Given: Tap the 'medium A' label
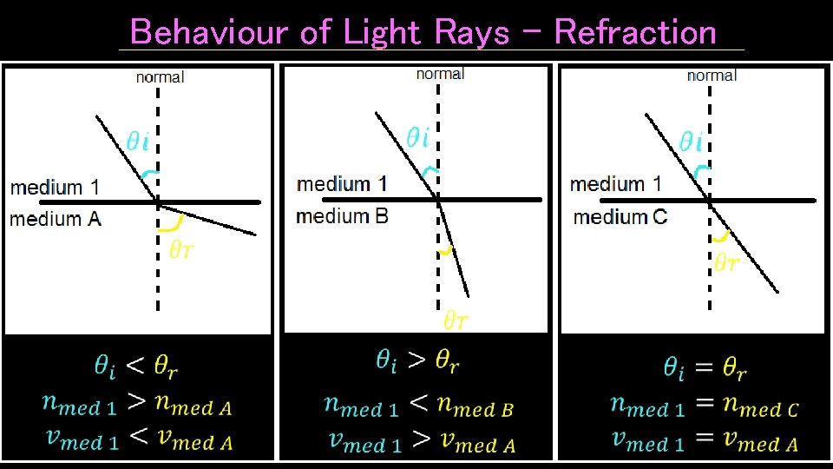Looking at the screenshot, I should click(56, 218).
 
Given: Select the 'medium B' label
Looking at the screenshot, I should click(342, 215).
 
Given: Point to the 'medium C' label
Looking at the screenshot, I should click(620, 216).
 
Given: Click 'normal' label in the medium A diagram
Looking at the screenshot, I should click(160, 77).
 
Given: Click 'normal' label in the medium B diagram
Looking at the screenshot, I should click(440, 74).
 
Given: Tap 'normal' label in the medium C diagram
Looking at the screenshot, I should click(712, 76).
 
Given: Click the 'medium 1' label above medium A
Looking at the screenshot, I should click(55, 187).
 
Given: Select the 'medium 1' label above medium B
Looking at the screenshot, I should click(342, 184).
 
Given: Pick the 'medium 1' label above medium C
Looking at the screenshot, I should click(615, 184).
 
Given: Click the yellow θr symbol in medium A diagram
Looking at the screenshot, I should click(180, 250).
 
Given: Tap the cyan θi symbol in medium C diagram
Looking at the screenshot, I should click(691, 141).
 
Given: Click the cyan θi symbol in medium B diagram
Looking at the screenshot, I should click(418, 136).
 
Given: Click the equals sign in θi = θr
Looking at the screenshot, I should click(704, 368).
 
